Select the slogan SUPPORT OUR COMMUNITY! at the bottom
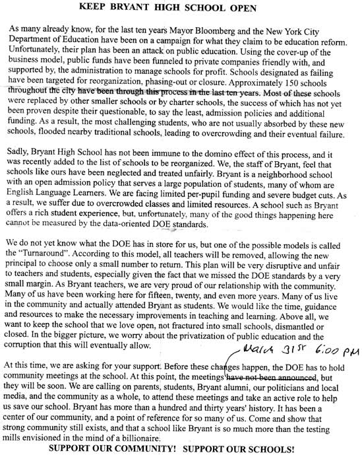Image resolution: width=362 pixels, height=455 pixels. tap(115, 449)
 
